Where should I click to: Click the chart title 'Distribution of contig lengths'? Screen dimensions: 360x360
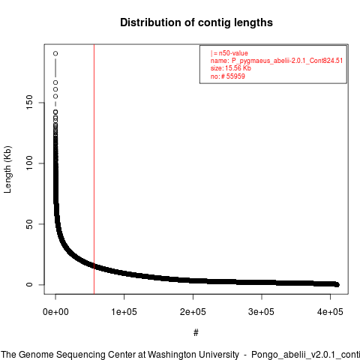[x=196, y=22]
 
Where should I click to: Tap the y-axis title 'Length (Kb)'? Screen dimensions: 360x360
[x=7, y=169]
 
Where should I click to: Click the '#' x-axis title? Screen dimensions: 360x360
[x=196, y=332]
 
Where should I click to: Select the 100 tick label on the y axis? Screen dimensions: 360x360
[x=29, y=163]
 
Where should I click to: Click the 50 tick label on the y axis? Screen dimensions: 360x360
[x=29, y=224]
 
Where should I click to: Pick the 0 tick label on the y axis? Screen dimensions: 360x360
[x=29, y=284]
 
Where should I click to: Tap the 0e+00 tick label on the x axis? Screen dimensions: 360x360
[x=55, y=312]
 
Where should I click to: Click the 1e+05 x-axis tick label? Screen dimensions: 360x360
[x=124, y=312]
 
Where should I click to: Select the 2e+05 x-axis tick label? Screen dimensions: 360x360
[x=193, y=312]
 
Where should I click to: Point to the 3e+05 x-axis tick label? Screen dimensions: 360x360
[x=261, y=312]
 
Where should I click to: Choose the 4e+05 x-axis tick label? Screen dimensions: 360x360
[x=330, y=312]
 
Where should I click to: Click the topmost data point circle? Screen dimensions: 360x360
[x=55, y=53]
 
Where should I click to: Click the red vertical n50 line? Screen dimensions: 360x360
[x=94, y=169]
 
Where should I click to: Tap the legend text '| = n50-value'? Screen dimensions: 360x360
[x=229, y=53]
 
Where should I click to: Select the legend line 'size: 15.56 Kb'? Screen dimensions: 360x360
[x=231, y=68]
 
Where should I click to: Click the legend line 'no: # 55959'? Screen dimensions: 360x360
[x=228, y=76]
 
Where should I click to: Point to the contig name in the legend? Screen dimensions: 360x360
[x=287, y=61]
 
